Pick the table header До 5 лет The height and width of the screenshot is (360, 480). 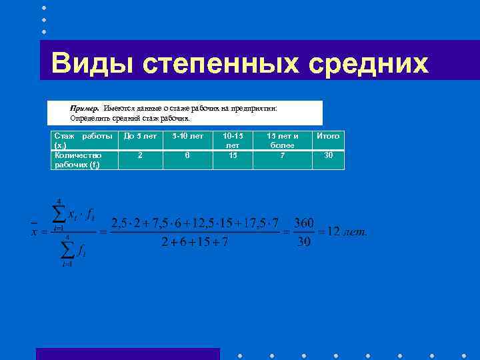tap(140, 136)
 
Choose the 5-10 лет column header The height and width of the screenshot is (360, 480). tap(187, 136)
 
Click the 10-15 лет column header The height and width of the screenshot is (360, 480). tap(233, 140)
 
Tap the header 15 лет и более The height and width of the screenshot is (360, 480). tap(282, 140)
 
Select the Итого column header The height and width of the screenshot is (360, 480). tap(328, 136)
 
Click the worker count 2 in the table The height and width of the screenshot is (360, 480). tap(140, 155)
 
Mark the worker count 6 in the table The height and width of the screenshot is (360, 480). tap(187, 155)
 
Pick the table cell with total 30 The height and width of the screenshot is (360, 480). tap(328, 155)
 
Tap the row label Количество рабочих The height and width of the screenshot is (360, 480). tap(79, 159)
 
